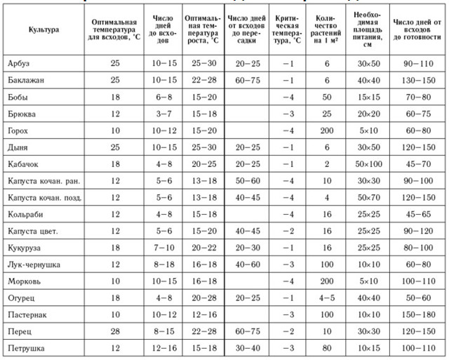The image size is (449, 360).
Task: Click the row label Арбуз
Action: pos(20,64)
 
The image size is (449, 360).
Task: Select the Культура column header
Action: pos(43,30)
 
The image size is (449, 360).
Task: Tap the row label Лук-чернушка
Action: pos(34,265)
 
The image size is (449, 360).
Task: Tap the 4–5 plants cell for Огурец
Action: pos(327,298)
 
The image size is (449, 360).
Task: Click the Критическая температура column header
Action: pos(288,30)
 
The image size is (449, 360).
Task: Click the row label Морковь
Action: pos(24,281)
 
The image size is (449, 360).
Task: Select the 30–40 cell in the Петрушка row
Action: pos(248,348)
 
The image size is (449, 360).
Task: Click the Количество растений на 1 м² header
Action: pos(327,30)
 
